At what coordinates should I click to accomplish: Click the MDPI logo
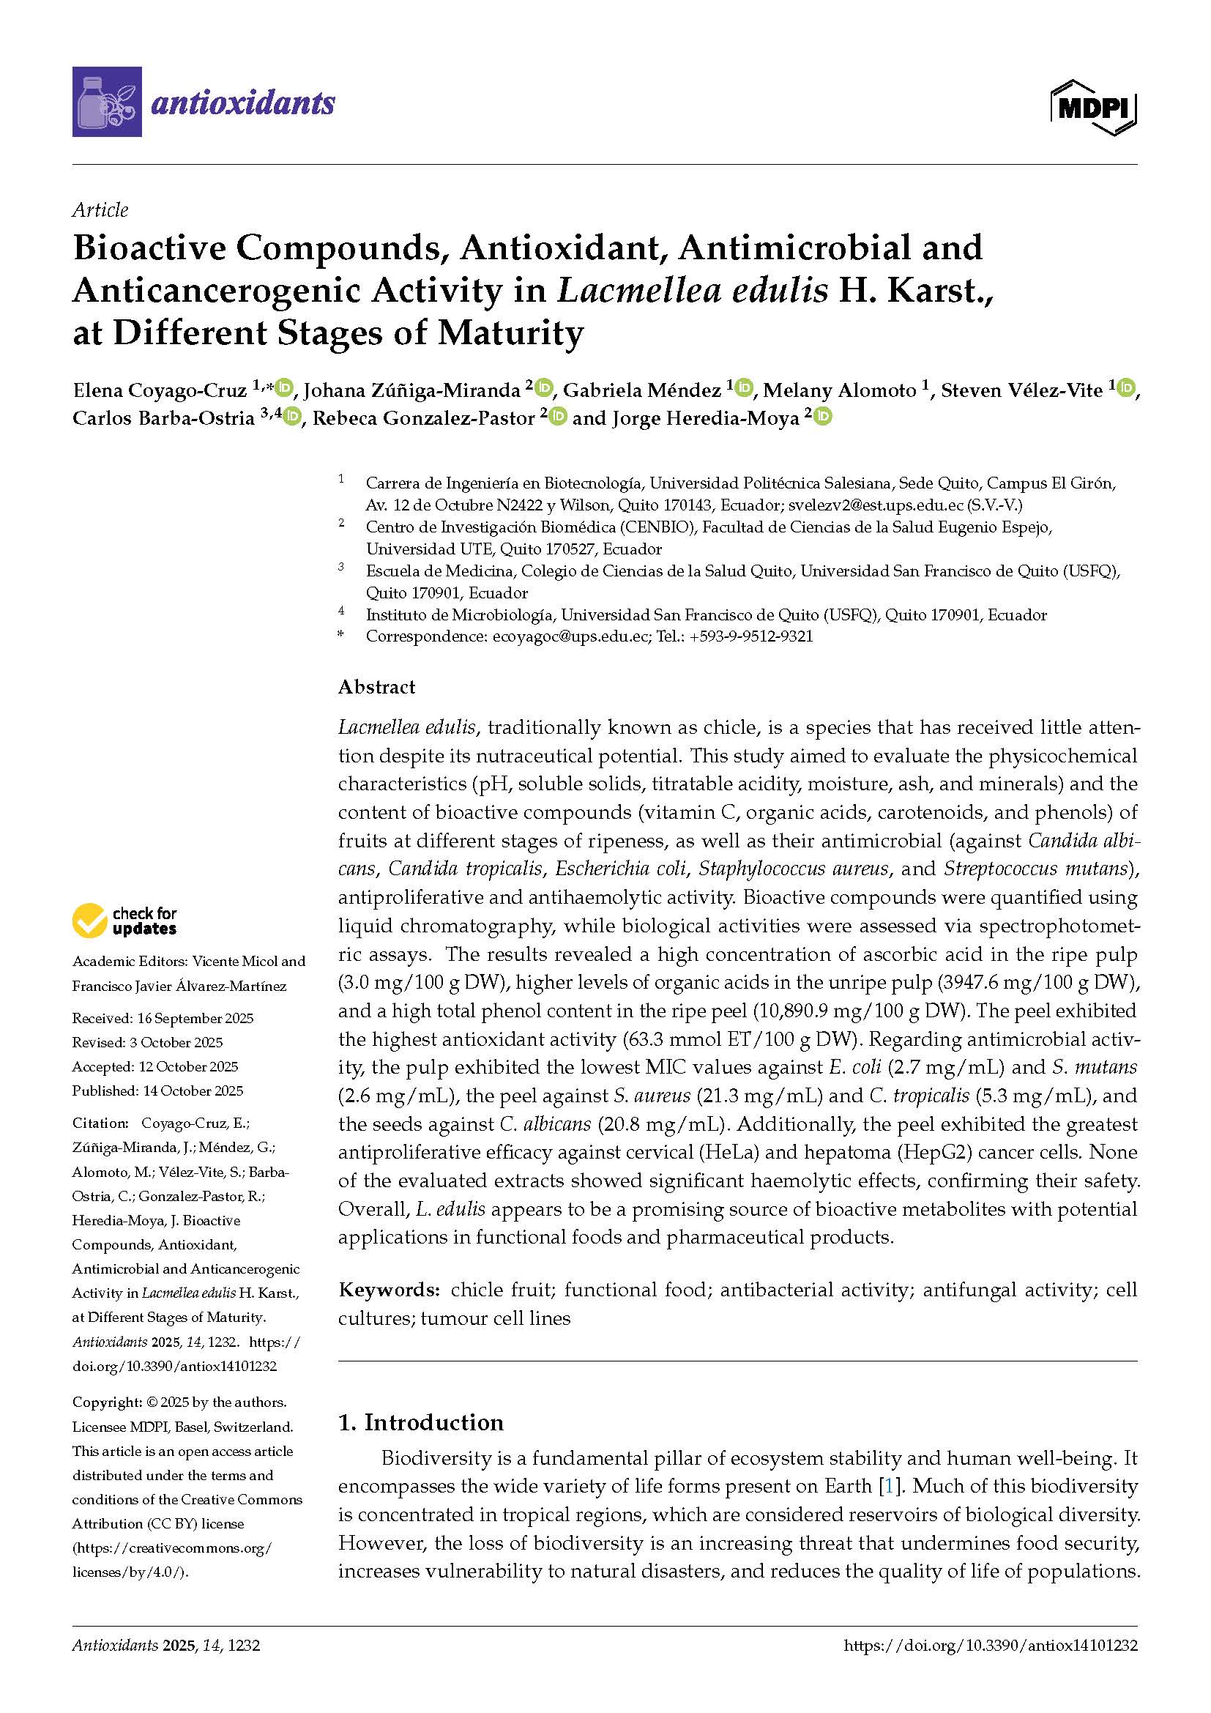(x=1093, y=108)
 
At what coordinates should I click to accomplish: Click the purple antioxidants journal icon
(x=107, y=102)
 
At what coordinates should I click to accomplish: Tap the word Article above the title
(x=100, y=209)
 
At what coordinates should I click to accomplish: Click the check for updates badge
(x=124, y=921)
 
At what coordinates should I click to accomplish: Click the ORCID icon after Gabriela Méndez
(x=743, y=388)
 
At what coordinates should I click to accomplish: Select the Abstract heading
(x=376, y=686)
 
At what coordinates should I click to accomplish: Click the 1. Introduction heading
(x=420, y=1422)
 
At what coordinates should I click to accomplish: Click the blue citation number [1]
(x=887, y=1486)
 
